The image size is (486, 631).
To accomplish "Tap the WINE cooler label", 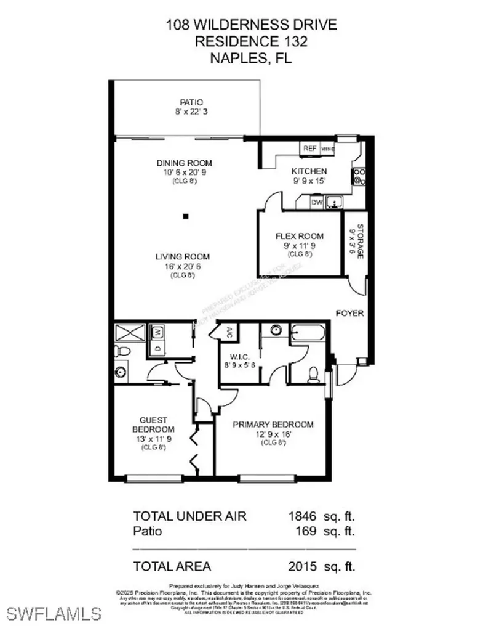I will (327, 149).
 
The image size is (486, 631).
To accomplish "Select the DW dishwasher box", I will (317, 202).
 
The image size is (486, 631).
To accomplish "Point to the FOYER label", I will (349, 313).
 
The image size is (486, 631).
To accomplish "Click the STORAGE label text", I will (353, 244).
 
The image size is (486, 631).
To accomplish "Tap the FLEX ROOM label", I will (299, 236).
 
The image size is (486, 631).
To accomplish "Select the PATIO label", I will (191, 102).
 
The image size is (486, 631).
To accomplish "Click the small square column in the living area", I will (185, 216).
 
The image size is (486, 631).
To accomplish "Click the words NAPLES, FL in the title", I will (243, 59).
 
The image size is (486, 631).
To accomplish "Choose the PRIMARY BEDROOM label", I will (273, 425).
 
